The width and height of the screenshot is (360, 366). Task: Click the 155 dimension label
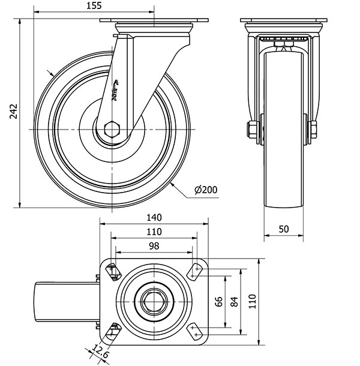[x=94, y=6]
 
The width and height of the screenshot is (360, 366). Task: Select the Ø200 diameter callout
[x=206, y=190]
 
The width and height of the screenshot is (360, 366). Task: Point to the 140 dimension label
[x=154, y=219]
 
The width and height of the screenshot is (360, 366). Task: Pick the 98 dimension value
[x=154, y=245]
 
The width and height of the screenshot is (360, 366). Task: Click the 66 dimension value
[x=219, y=302]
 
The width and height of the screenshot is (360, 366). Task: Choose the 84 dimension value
[x=234, y=302]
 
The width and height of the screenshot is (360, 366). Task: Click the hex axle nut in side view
[x=112, y=129]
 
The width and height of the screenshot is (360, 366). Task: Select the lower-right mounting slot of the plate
[x=194, y=329]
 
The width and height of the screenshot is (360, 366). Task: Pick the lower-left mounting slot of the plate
[x=113, y=329]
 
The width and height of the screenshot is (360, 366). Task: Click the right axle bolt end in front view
[x=313, y=130]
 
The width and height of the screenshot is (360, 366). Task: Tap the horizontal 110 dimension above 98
[x=154, y=232]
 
